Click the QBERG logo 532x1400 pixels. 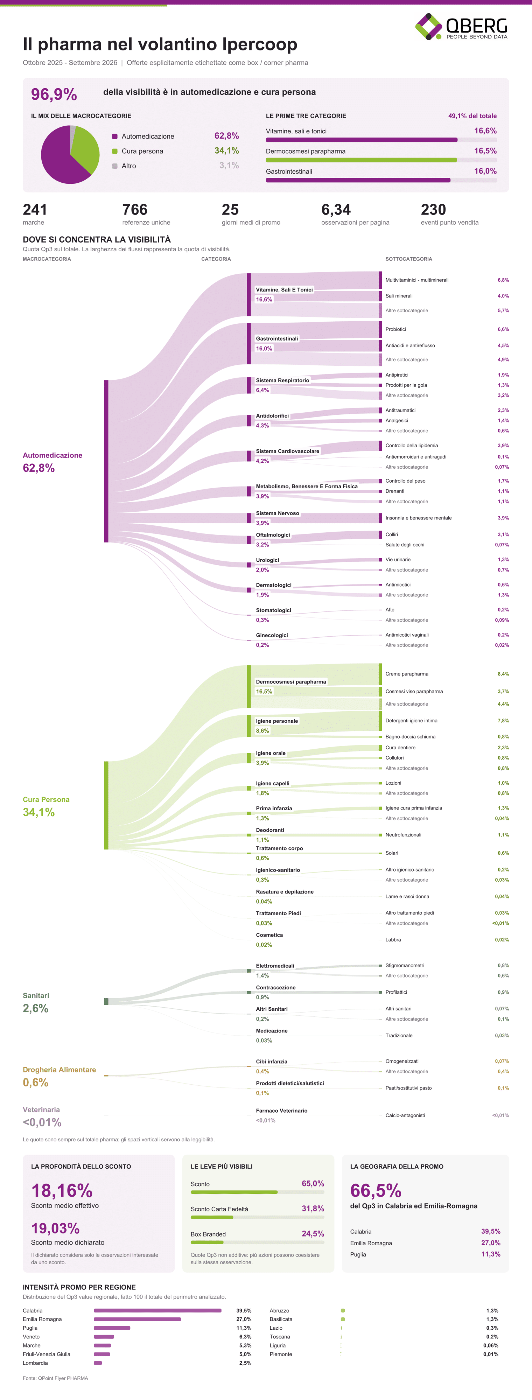461,27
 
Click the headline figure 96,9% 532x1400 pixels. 54,94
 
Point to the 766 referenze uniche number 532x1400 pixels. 135,209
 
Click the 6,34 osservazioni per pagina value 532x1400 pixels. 336,209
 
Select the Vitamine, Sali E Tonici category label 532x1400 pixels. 284,290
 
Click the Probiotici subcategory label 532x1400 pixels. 395,329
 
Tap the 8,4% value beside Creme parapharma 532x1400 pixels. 503,674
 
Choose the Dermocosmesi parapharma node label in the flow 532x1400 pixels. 291,681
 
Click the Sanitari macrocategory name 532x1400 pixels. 36,996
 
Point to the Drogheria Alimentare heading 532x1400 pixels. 59,1070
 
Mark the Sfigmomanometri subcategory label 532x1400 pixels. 405,965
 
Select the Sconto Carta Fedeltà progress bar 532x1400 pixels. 257,1217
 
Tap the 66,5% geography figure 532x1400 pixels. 376,1190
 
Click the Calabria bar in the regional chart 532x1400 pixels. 157,1310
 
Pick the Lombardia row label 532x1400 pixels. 35,1363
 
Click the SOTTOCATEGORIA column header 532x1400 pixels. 409,259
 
